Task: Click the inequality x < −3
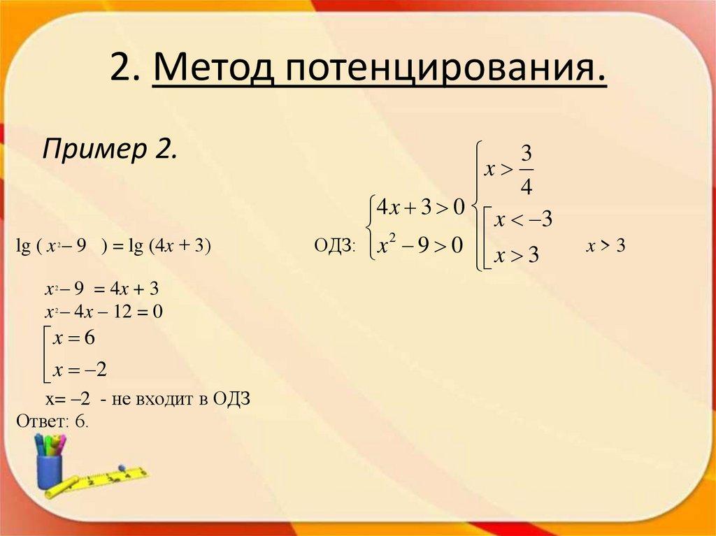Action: click(x=523, y=221)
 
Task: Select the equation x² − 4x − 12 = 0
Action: click(x=103, y=311)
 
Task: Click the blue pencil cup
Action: click(x=50, y=471)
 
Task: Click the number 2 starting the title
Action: click(x=121, y=71)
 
